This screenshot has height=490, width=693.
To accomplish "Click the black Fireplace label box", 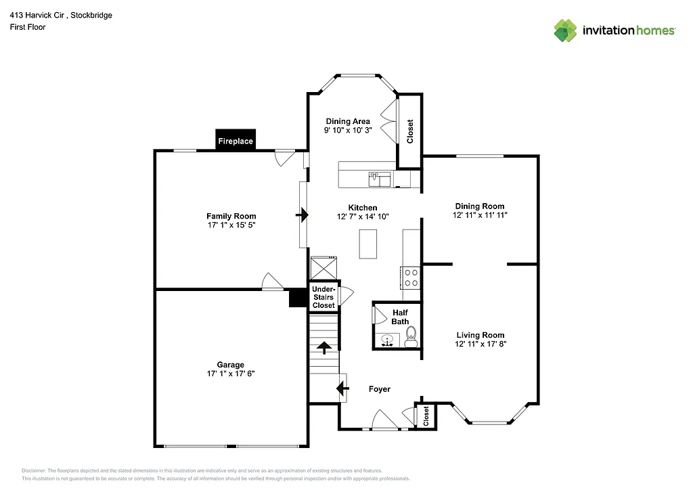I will (x=236, y=140).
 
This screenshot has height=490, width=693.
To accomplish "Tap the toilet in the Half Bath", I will (x=411, y=338).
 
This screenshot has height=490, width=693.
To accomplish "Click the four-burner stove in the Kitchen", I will (x=411, y=277).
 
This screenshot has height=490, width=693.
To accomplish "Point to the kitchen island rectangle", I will (x=367, y=244).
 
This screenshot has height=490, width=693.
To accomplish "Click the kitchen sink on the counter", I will (x=379, y=179).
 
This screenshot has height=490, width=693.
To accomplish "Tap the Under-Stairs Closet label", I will (x=323, y=297).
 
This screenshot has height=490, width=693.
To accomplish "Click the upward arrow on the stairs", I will (x=324, y=348).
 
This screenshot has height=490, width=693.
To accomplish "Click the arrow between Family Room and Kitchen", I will (x=303, y=216).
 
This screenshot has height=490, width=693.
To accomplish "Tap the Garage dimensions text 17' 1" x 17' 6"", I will (x=231, y=374).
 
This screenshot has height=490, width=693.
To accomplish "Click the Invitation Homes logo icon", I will (x=566, y=30).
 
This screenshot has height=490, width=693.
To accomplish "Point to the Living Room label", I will (x=480, y=335).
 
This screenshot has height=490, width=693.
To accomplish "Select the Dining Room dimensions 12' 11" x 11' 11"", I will (x=480, y=215).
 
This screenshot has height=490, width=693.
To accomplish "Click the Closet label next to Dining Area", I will (x=409, y=131).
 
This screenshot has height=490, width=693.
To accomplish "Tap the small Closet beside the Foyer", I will (x=425, y=416).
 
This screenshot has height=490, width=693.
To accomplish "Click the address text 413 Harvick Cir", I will (x=41, y=16).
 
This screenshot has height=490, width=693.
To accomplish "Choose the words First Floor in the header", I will (x=28, y=27).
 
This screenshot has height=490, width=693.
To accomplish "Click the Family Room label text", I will (x=231, y=216).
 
